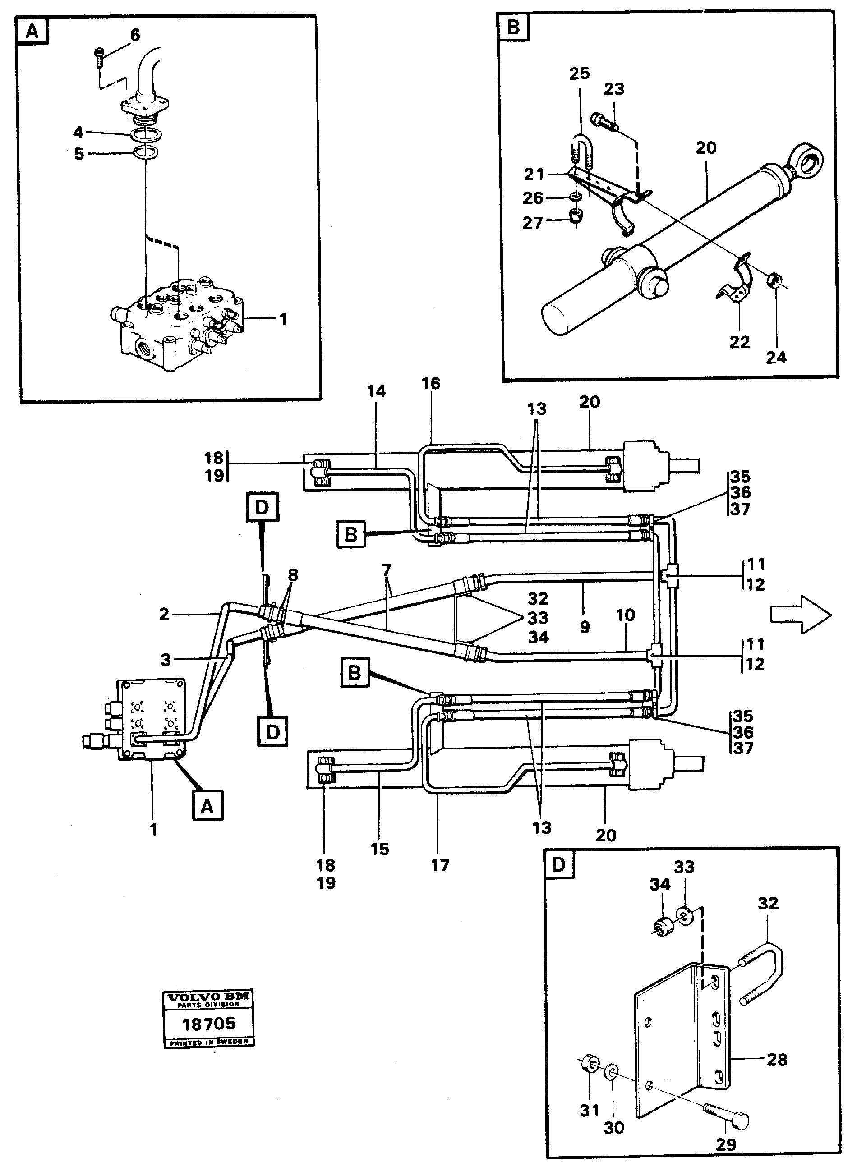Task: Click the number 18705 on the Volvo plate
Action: click(208, 1023)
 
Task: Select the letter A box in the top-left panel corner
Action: click(32, 32)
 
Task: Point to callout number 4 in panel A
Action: click(78, 133)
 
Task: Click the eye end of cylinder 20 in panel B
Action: click(807, 165)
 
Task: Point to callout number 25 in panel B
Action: click(580, 73)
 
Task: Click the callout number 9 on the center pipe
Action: click(585, 627)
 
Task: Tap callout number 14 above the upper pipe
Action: click(377, 391)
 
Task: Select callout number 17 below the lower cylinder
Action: click(440, 864)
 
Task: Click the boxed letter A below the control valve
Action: click(207, 807)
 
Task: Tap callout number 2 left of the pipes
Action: click(165, 615)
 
